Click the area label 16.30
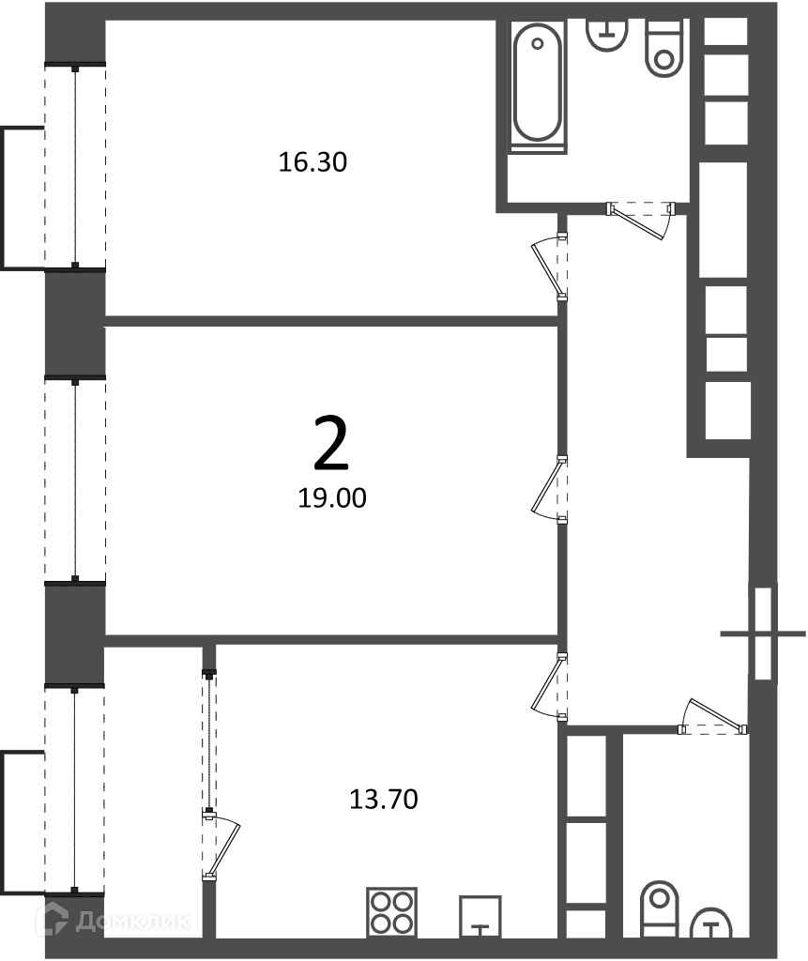(313, 162)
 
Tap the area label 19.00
(331, 498)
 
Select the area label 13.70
(384, 800)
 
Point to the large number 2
(331, 443)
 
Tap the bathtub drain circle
(538, 43)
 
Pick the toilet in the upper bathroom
(664, 48)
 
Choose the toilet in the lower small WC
(659, 908)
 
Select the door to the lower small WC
(713, 717)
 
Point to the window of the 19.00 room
(75, 479)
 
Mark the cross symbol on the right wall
(763, 633)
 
